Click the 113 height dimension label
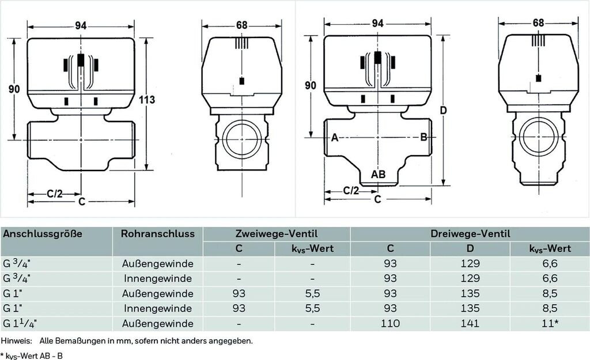pos(147,100)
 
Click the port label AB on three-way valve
pos(378,174)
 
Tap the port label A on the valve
pos(334,137)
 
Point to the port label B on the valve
pos(423,137)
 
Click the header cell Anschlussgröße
pos(43,234)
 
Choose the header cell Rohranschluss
pos(157,234)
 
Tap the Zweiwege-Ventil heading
pos(276,234)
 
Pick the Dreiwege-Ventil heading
pos(470,234)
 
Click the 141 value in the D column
pos(470,324)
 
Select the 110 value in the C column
pos(389,324)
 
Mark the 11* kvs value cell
pos(549,324)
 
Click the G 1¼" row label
pos(24,324)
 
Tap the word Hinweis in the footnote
pos(15,341)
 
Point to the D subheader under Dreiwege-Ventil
pos(470,249)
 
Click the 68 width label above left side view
pos(241,25)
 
